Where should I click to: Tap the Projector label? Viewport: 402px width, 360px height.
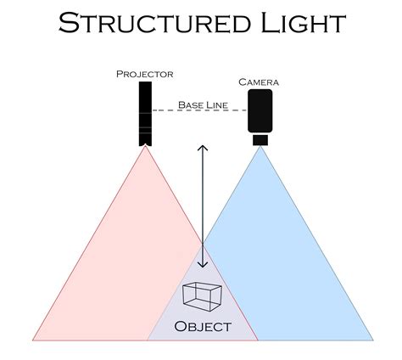pyautogui.click(x=144, y=75)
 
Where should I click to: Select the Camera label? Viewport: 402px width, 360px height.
pyautogui.click(x=258, y=82)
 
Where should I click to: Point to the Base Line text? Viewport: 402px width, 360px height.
pyautogui.click(x=201, y=104)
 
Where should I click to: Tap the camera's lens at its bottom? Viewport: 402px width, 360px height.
pyautogui.click(x=260, y=138)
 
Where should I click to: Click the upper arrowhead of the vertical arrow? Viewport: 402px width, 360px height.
pyautogui.click(x=202, y=148)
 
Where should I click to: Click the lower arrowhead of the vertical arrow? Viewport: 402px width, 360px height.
pyautogui.click(x=202, y=266)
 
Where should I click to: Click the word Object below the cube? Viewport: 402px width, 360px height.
pyautogui.click(x=202, y=326)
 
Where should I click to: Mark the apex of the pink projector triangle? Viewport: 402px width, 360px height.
pyautogui.click(x=145, y=146)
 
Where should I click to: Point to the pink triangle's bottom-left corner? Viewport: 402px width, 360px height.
pyautogui.click(x=33, y=340)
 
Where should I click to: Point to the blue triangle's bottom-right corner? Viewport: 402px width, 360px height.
pyautogui.click(x=373, y=340)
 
